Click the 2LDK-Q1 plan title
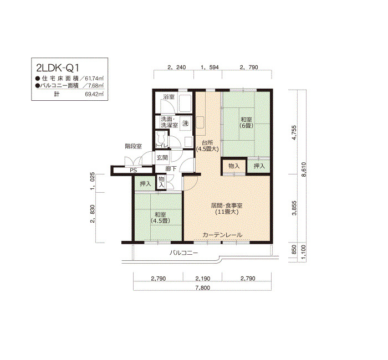pyautogui.click(x=58, y=68)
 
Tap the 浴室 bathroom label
pyautogui.click(x=169, y=97)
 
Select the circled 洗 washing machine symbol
pyautogui.click(x=186, y=123)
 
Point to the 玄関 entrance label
pyautogui.click(x=162, y=157)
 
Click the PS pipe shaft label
pyautogui.click(x=134, y=171)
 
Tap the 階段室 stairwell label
pyautogui.click(x=134, y=146)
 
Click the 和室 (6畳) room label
pyautogui.click(x=246, y=122)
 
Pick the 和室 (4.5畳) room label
pyautogui.click(x=161, y=218)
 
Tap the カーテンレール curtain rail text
pyautogui.click(x=222, y=235)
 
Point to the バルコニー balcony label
pyautogui.click(x=183, y=253)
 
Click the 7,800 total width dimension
pyautogui.click(x=203, y=287)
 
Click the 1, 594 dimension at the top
pyautogui.click(x=210, y=67)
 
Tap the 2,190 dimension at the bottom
pyautogui.click(x=203, y=279)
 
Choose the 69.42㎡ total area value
pyautogui.click(x=94, y=94)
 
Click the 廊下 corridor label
pyautogui.click(x=171, y=169)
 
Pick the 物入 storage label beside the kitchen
pyautogui.click(x=234, y=166)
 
